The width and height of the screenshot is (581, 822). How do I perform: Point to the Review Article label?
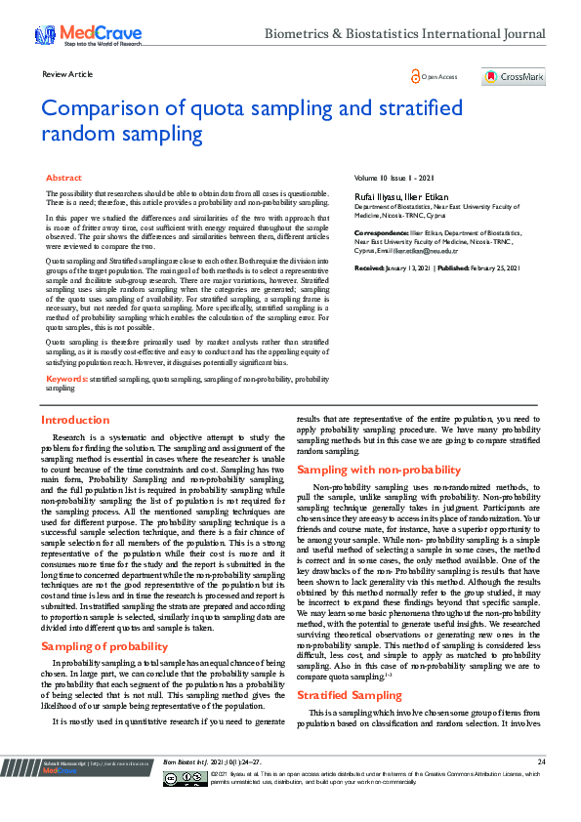(67, 74)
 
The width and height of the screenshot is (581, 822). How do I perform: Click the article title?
(253, 120)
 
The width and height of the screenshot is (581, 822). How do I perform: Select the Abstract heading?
(64, 179)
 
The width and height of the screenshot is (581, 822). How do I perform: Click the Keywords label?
(66, 377)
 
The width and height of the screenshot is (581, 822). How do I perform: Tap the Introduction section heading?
(75, 420)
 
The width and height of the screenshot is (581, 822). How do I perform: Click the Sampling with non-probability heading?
(378, 470)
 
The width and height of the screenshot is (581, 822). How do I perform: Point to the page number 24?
(540, 788)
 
